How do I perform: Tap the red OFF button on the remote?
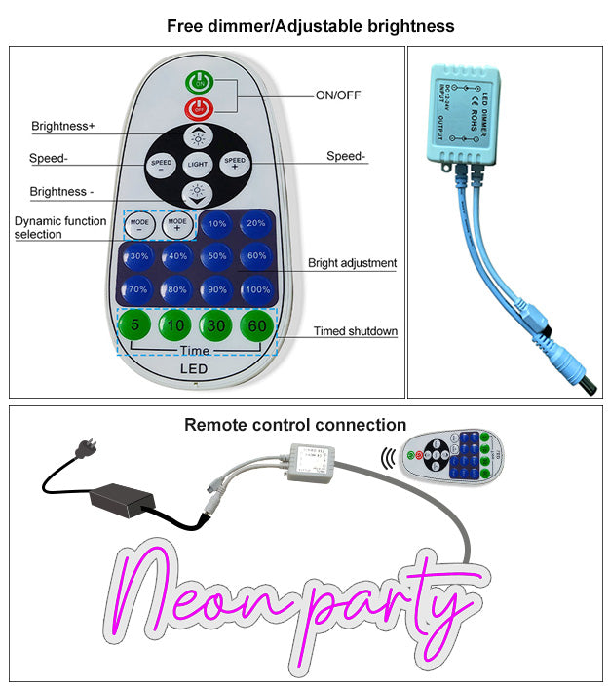point(200,110)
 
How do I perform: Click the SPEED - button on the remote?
point(160,165)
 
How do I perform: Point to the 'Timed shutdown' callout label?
point(356,331)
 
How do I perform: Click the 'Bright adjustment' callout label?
point(353,263)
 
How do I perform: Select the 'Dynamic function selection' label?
point(60,227)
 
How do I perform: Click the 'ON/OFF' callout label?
point(338,95)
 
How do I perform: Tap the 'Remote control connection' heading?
point(295,425)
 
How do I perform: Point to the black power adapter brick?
point(122,500)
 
